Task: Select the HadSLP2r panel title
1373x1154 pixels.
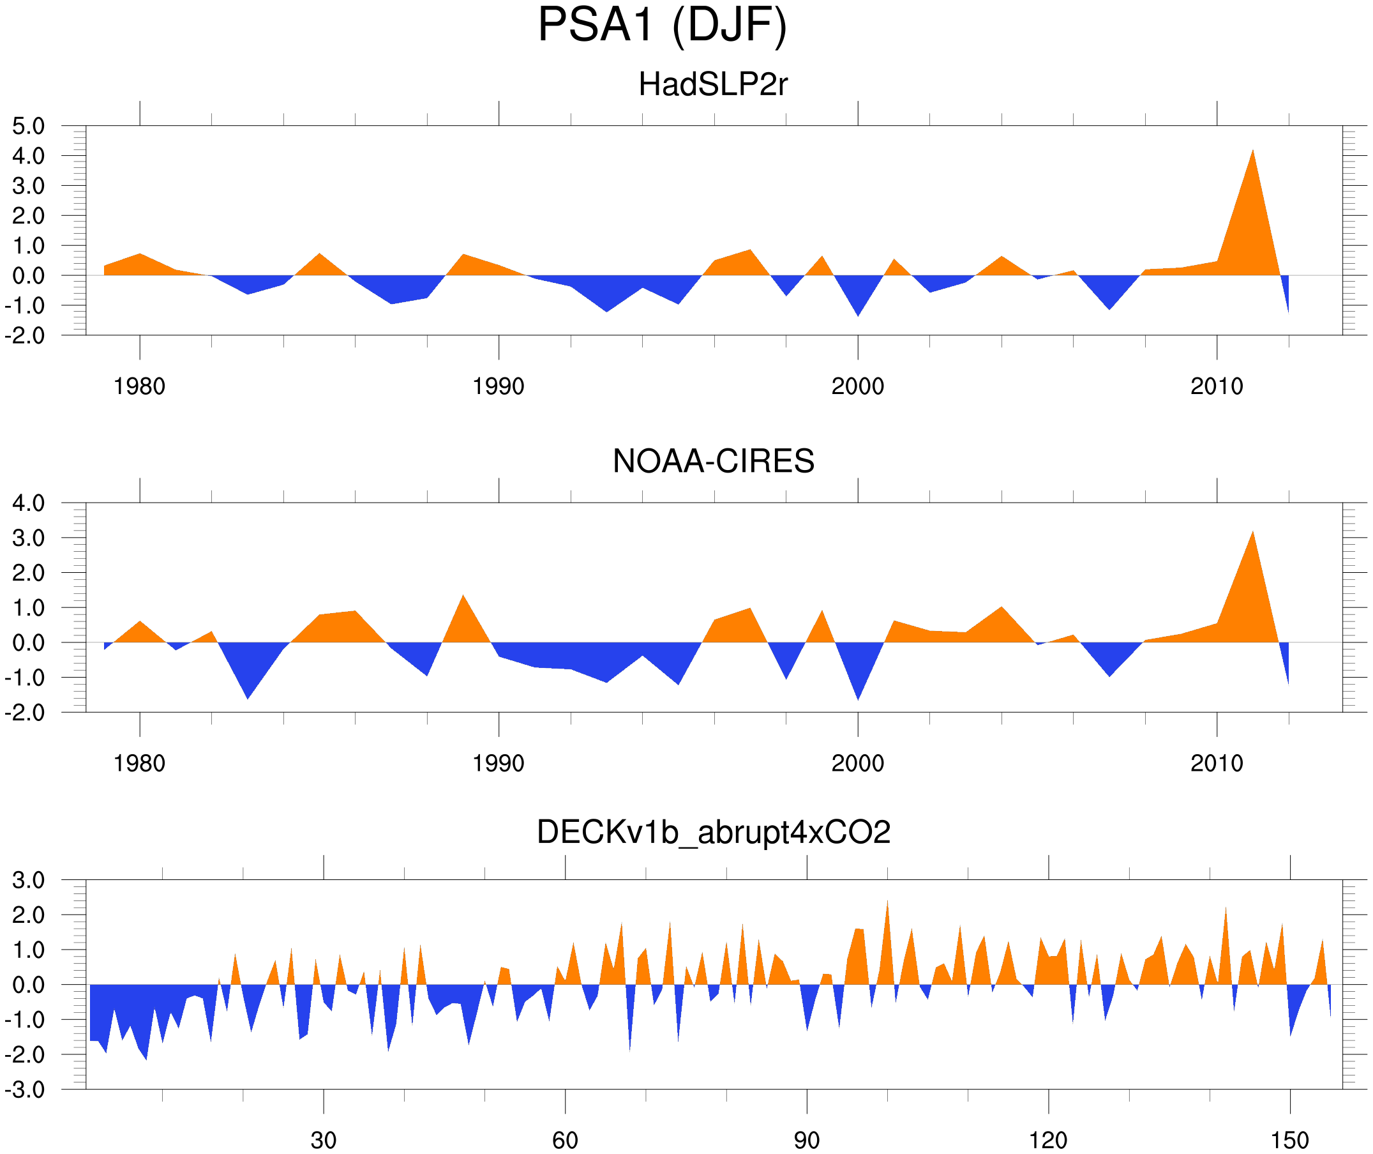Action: [712, 85]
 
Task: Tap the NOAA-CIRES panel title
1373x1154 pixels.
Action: [712, 461]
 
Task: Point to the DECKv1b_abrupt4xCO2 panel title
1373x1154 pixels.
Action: [712, 833]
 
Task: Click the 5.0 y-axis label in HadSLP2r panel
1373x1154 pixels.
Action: [29, 126]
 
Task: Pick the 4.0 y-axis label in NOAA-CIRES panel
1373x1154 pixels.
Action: [29, 503]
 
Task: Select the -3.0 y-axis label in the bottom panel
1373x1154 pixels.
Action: [25, 1090]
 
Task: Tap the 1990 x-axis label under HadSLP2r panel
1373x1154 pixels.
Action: [499, 386]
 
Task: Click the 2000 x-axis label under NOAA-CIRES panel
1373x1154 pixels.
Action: [857, 763]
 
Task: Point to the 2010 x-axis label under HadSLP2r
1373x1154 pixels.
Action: [1216, 386]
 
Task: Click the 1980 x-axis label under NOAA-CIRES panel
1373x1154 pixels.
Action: [139, 763]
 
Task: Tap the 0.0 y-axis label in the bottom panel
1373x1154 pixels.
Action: [29, 985]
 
